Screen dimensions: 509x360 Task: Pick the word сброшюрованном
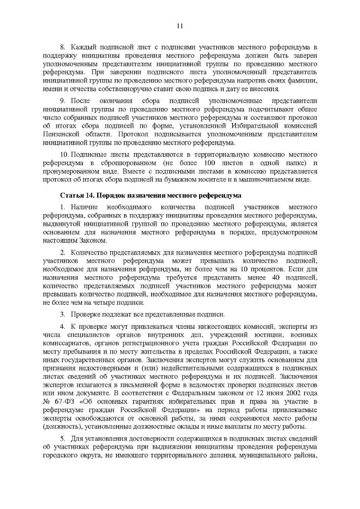pos(130,163)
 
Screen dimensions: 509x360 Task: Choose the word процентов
pos(265,269)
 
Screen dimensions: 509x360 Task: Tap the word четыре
pos(103,302)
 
